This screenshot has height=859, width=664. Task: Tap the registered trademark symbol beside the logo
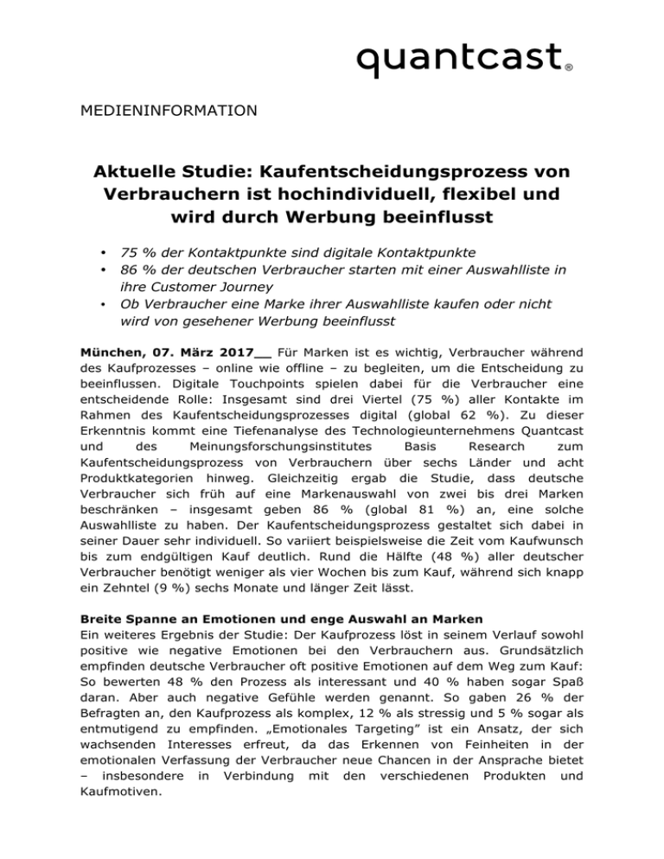[568, 66]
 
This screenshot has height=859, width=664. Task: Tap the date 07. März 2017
[208, 353]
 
